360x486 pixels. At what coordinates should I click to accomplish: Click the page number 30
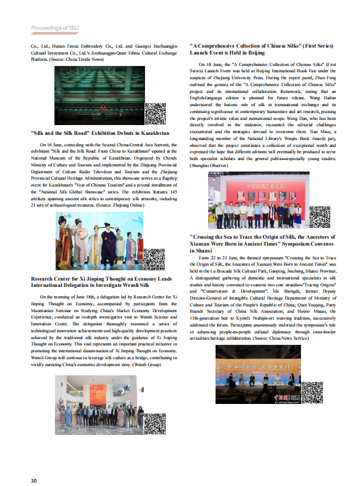(34, 480)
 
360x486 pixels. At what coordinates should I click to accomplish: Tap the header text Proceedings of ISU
(55, 28)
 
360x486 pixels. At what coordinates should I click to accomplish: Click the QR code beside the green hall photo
(155, 114)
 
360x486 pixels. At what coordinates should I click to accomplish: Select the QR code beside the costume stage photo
(154, 259)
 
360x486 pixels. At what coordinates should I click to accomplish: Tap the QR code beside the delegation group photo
(154, 423)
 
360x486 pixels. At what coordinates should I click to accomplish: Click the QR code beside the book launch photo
(319, 216)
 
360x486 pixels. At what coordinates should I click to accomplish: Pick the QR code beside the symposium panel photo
(311, 391)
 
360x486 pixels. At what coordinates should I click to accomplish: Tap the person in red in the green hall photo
(103, 109)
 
